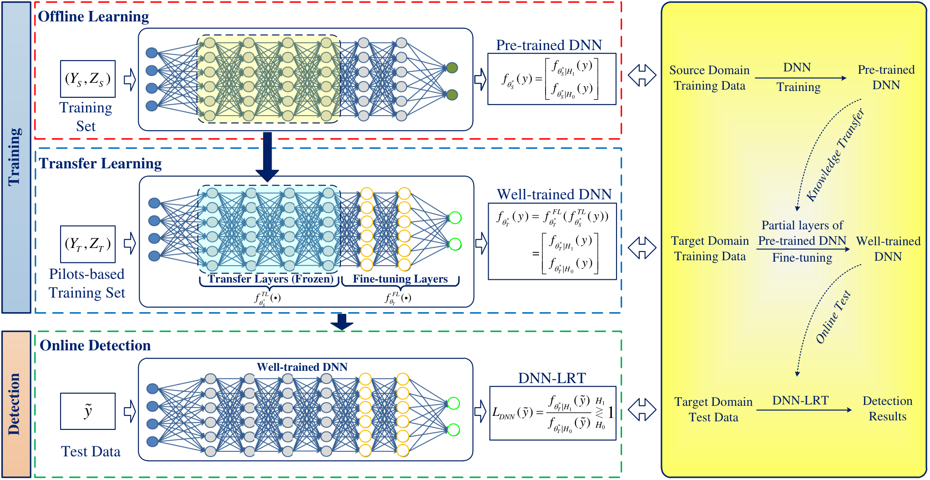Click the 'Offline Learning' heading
(93, 17)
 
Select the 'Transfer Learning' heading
(100, 164)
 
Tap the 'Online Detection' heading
(95, 346)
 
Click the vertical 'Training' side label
(15, 157)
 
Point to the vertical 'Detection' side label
(15, 404)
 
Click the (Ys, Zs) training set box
(88, 79)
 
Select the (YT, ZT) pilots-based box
(88, 244)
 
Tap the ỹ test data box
(88, 411)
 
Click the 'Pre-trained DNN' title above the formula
(549, 45)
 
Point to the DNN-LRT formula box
(553, 413)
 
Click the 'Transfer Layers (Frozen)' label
(271, 279)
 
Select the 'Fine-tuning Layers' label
(400, 279)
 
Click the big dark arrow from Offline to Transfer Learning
(268, 157)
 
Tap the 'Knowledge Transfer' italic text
(836, 155)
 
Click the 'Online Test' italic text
(834, 317)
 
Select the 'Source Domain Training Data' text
(709, 78)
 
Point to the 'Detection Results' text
(888, 409)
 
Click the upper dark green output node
(452, 68)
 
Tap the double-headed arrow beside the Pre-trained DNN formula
(642, 76)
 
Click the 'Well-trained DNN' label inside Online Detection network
(302, 367)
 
